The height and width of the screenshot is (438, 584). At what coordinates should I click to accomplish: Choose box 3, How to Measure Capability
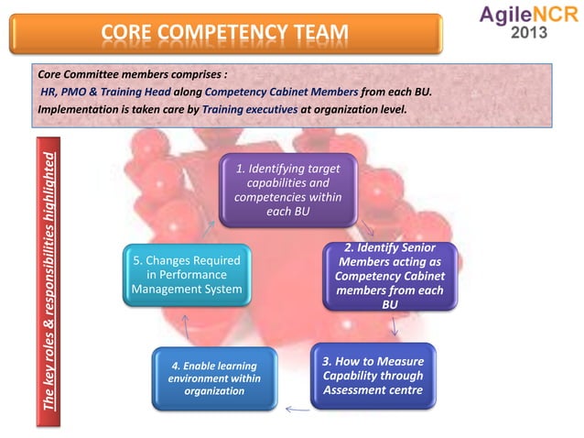373,375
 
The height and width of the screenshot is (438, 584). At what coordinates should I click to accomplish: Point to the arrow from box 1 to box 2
365,228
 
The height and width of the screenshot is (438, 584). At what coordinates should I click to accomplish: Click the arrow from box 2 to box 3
394,327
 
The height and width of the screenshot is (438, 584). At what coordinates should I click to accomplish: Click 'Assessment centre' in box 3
373,390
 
